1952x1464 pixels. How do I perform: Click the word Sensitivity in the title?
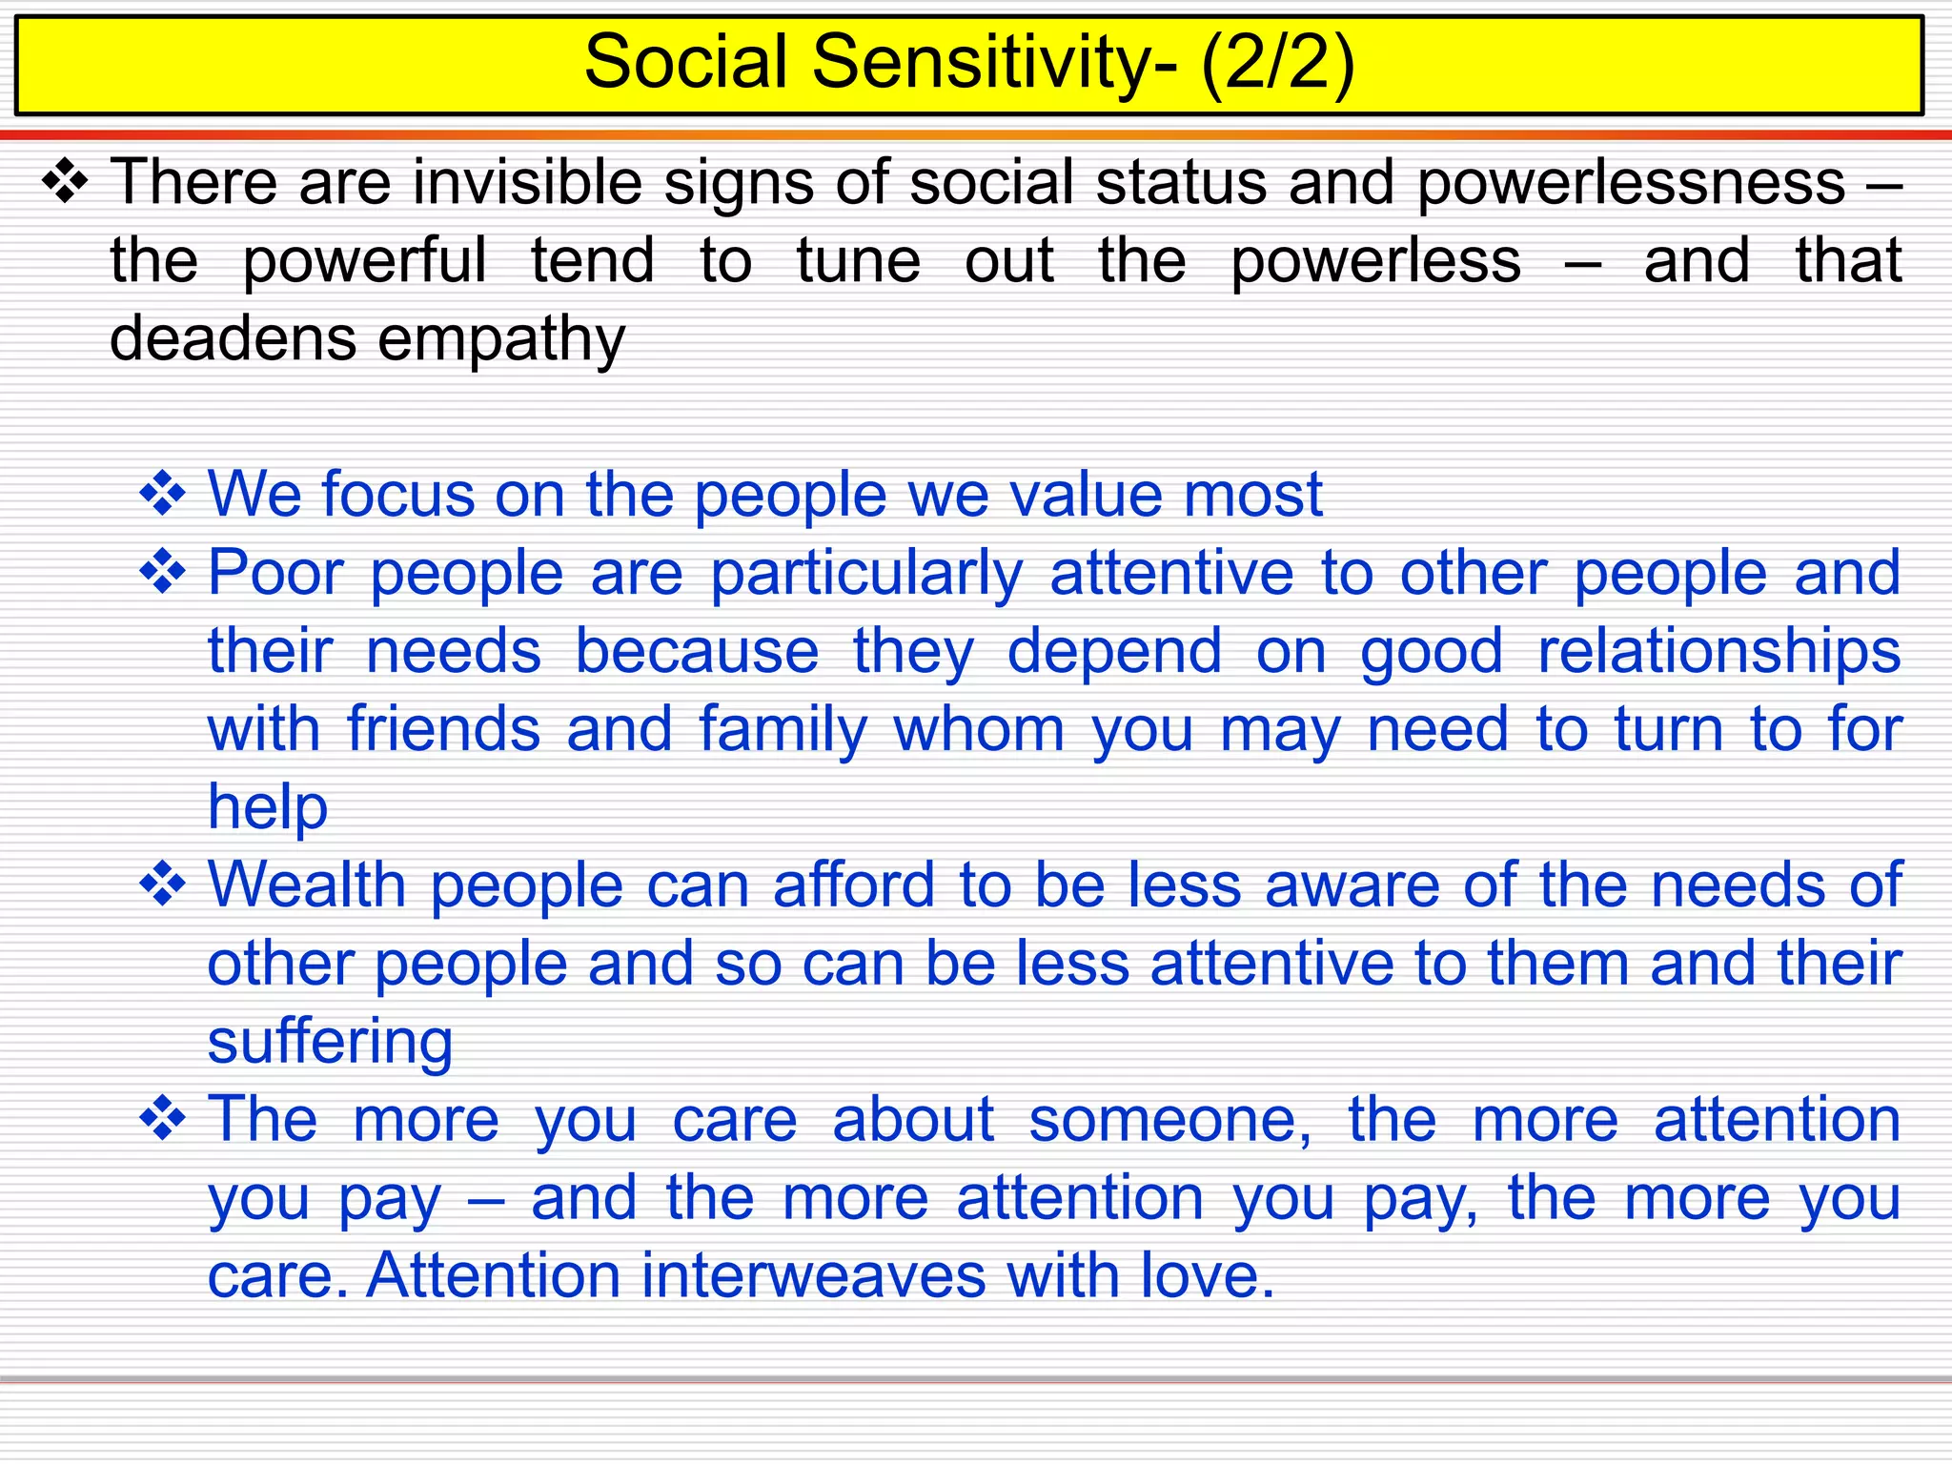pos(981,63)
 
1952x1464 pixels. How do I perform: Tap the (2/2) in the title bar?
pos(1277,63)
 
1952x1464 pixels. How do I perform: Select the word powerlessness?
pos(1631,183)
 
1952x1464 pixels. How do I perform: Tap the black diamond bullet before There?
pos(66,180)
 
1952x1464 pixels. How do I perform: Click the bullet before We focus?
pos(163,493)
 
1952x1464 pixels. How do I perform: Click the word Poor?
pos(275,573)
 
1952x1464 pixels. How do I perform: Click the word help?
pos(268,808)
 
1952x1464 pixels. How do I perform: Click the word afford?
pos(854,885)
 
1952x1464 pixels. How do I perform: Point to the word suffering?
pos(330,1044)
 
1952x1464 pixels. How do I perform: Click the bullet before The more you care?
pos(163,1118)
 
